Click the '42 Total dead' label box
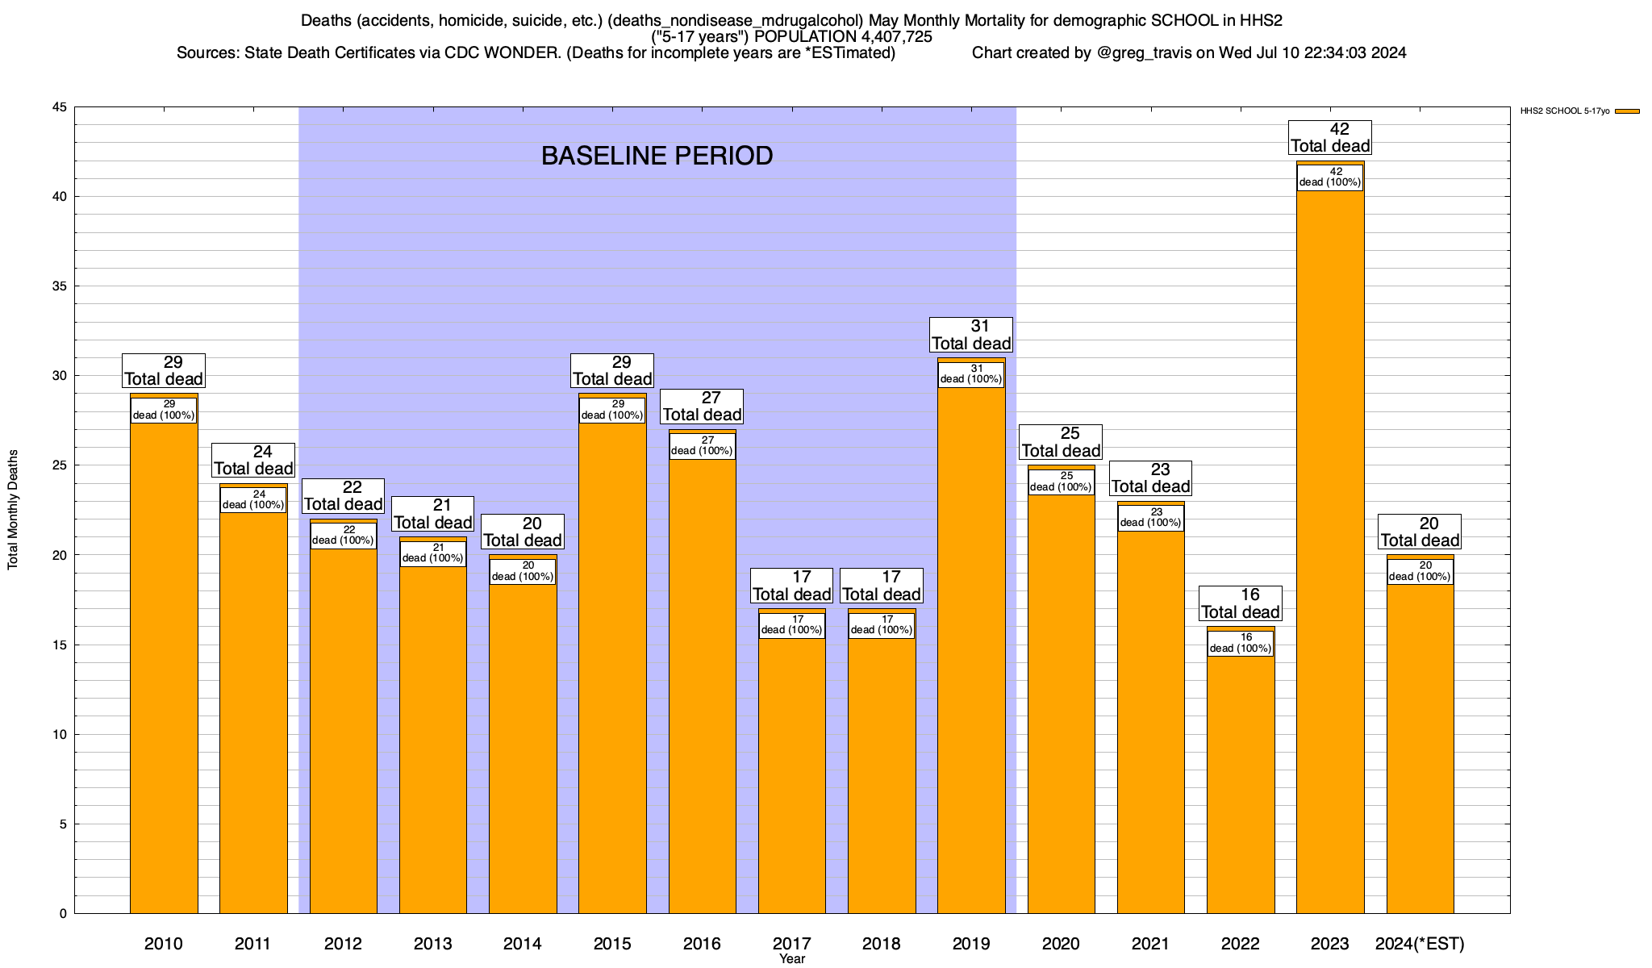[x=1330, y=137]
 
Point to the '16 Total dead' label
[x=1241, y=603]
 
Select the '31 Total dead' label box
[x=971, y=335]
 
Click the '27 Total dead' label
[x=702, y=406]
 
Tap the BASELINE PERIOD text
[x=657, y=156]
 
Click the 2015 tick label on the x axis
[x=612, y=943]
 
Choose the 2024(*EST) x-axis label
[x=1420, y=943]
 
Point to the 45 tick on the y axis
[x=60, y=107]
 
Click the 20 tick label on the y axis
[x=60, y=555]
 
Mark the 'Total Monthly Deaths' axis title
[x=13, y=510]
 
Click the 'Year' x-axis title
[x=792, y=959]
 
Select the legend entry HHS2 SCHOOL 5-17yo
[x=1564, y=111]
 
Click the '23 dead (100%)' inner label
[x=1151, y=518]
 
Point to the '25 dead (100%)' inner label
[x=1062, y=482]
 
